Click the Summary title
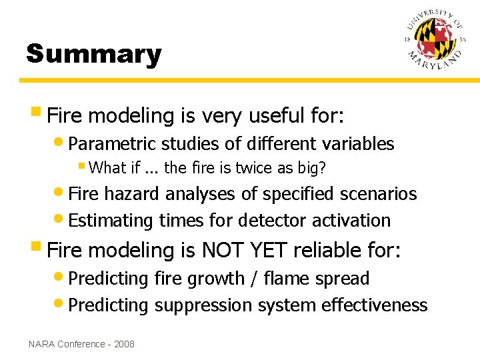coord(93,54)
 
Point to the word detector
coord(273,220)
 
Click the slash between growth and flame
coord(255,279)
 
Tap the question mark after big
coord(323,168)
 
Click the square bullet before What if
coord(81,166)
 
